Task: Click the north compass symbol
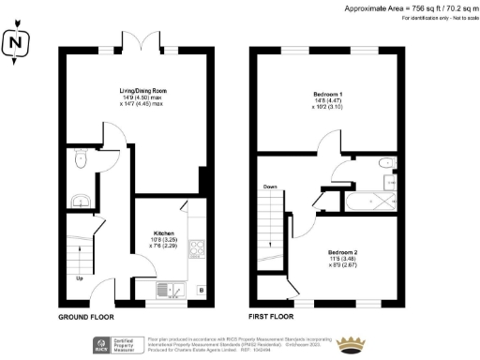[x=15, y=43]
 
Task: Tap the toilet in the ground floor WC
[x=81, y=160]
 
